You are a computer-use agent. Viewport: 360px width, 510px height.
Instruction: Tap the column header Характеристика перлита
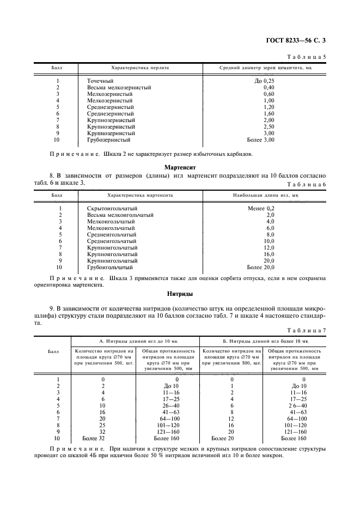139,68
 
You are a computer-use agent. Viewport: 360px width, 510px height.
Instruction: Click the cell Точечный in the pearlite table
100,81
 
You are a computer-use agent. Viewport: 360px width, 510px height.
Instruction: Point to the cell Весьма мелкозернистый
119,87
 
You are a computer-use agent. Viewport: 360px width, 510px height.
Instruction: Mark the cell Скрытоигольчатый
112,208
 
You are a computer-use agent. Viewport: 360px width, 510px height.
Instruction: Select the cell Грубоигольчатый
109,267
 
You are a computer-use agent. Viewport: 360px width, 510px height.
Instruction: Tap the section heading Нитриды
180,294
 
